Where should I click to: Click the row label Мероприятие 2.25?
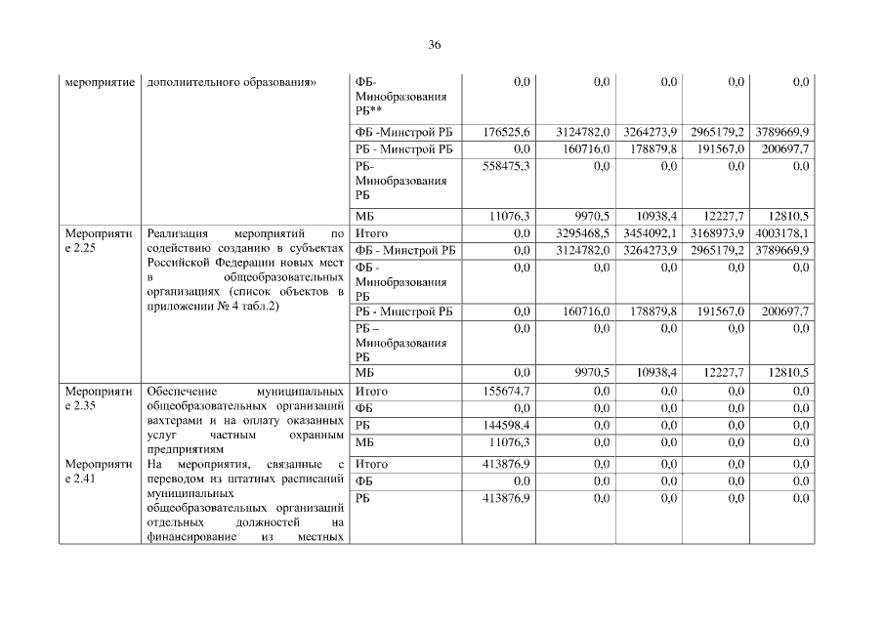click(99, 241)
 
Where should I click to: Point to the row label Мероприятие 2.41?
click(99, 472)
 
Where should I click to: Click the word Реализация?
click(176, 234)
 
